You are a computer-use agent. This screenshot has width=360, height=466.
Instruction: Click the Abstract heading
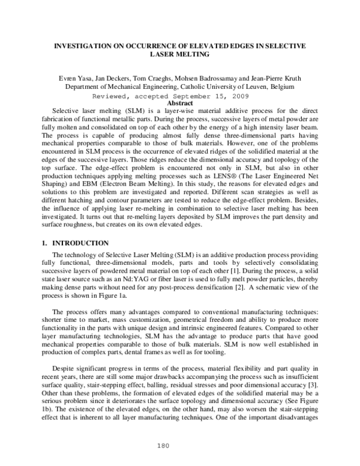click(x=179, y=103)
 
